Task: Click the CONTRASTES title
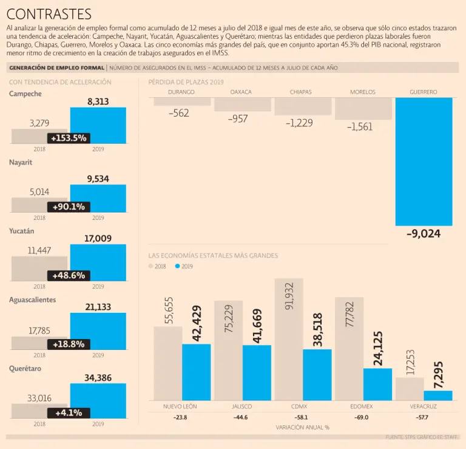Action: click(49, 14)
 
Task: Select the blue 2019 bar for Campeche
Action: click(98, 126)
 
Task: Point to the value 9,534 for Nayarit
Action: click(98, 179)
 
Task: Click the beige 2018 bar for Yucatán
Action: click(39, 269)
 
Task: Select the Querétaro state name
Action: click(25, 369)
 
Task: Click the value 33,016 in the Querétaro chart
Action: click(39, 399)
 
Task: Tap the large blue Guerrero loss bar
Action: click(424, 161)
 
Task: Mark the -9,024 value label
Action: click(424, 233)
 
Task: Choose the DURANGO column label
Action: click(181, 92)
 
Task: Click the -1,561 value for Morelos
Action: click(360, 127)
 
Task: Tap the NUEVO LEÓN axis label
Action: click(180, 406)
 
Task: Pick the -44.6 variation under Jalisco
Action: click(241, 417)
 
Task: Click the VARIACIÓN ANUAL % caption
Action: click(302, 427)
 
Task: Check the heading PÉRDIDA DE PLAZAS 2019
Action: click(186, 81)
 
